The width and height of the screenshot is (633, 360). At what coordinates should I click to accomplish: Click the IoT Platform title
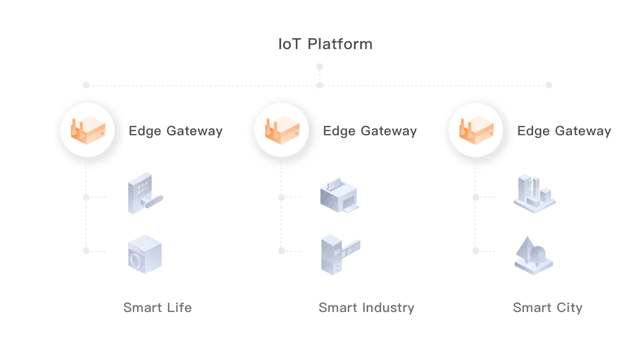pyautogui.click(x=326, y=45)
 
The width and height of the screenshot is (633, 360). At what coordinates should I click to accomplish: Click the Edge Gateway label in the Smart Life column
pyautogui.click(x=175, y=131)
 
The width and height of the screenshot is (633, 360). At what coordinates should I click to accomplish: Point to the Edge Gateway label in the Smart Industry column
pyautogui.click(x=371, y=131)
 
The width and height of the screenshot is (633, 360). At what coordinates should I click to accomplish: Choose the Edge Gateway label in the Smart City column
pyautogui.click(x=564, y=131)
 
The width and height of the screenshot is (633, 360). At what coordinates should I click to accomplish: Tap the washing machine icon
pyautogui.click(x=145, y=254)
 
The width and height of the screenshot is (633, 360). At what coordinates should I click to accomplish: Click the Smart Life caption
pyautogui.click(x=158, y=308)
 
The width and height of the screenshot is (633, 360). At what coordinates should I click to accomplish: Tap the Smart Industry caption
pyautogui.click(x=366, y=308)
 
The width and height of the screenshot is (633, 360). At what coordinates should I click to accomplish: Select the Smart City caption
pyautogui.click(x=547, y=308)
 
